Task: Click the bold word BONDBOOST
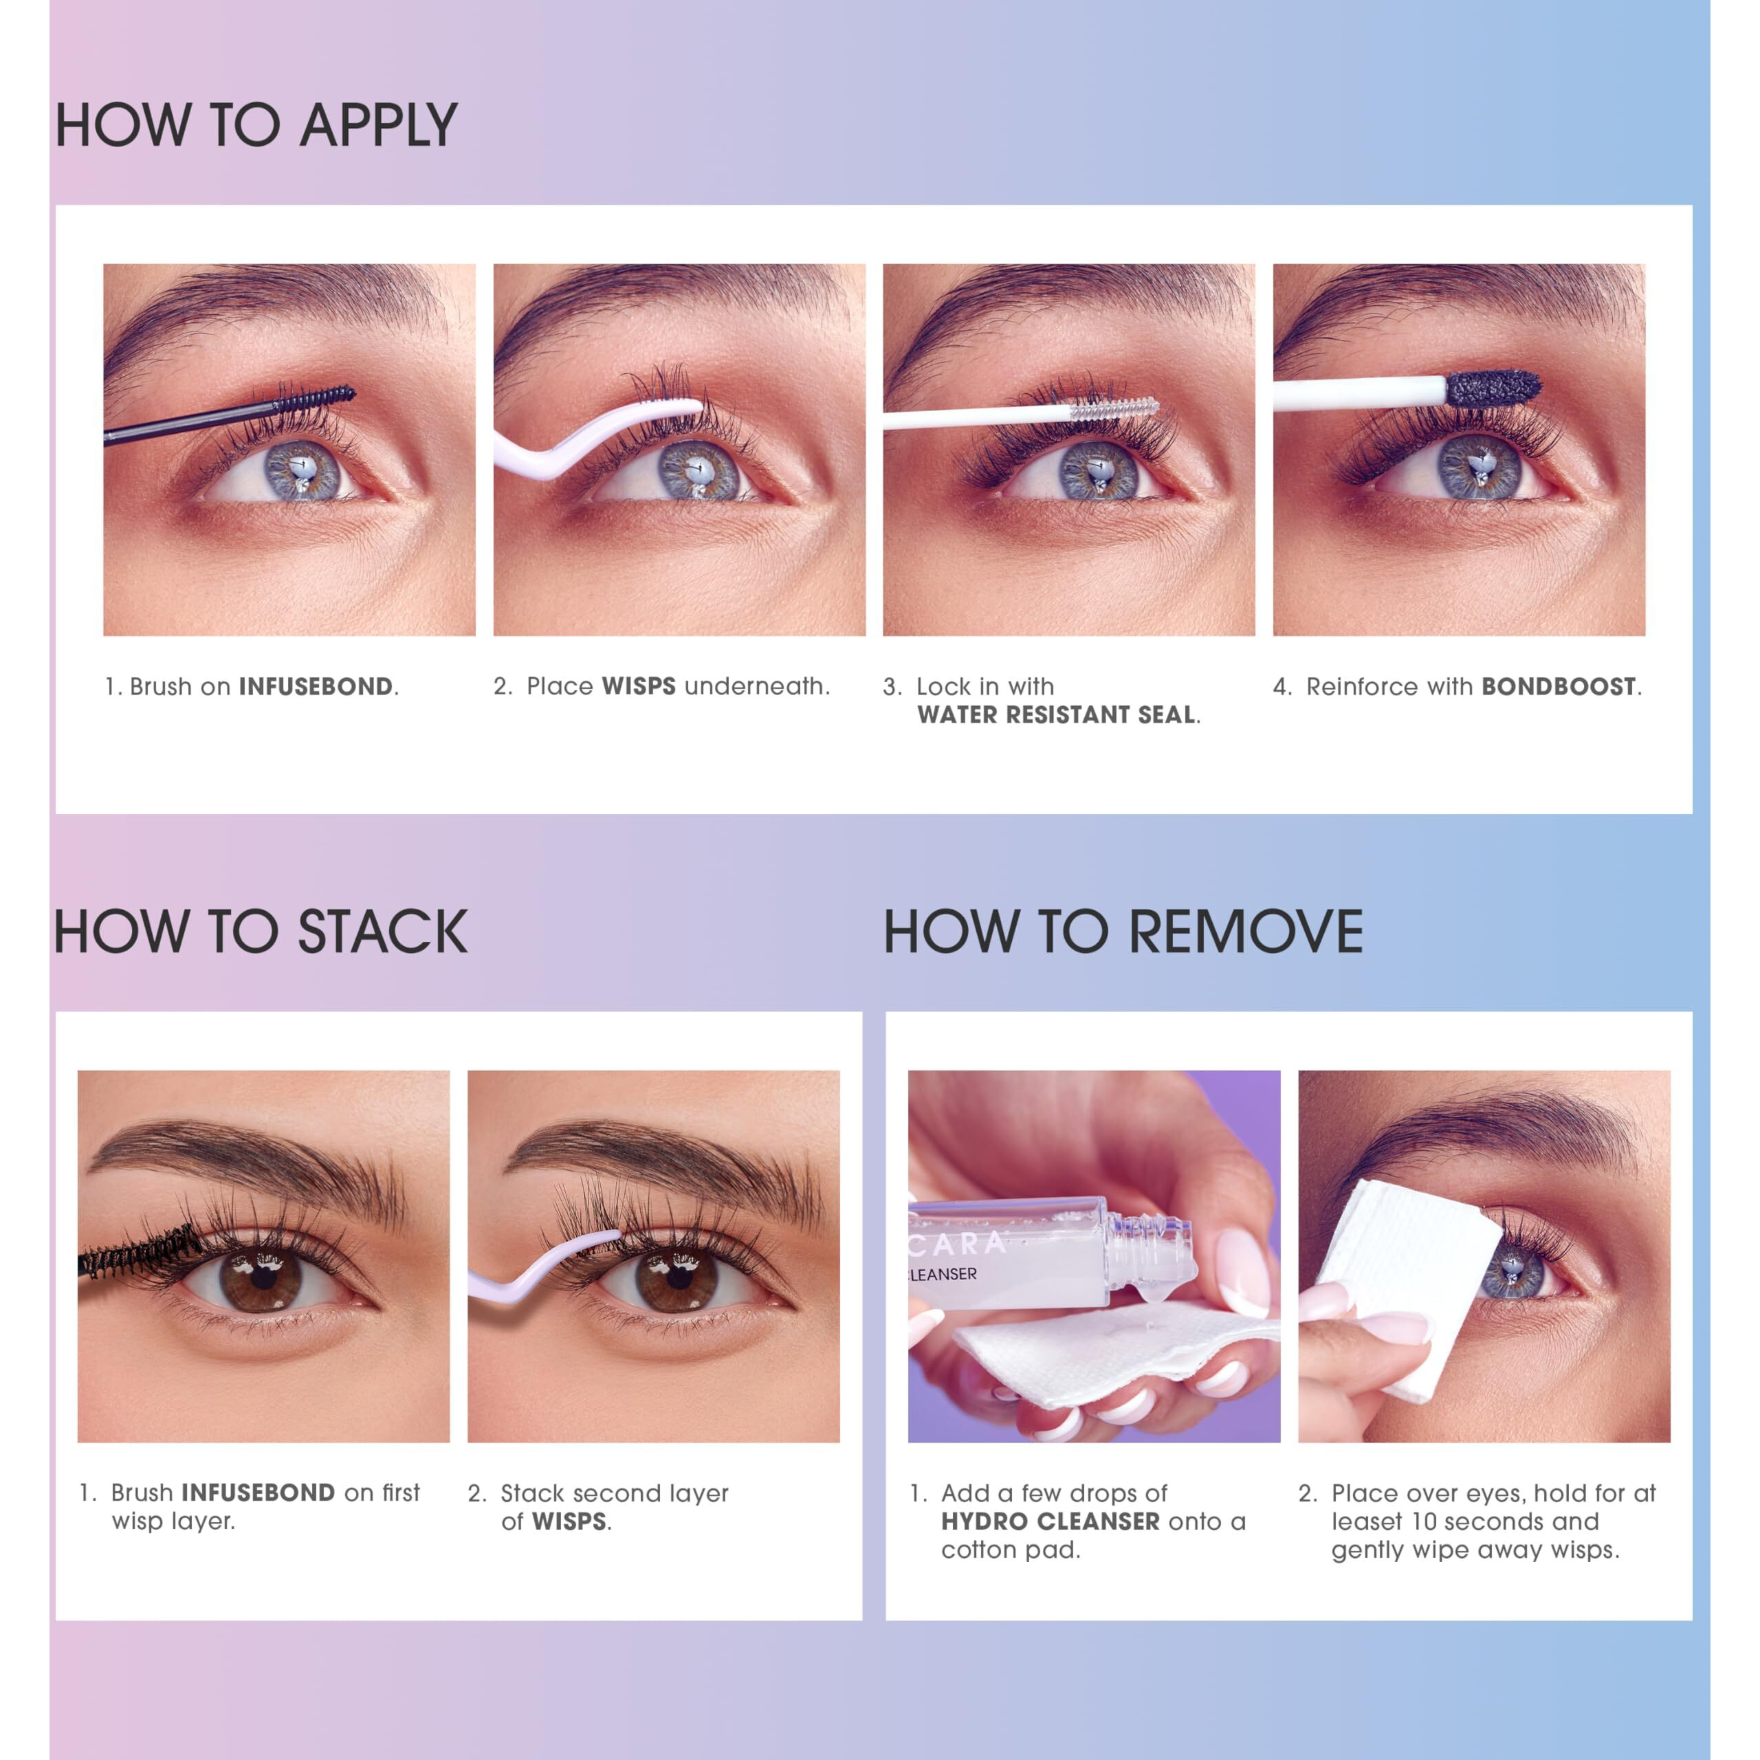(1558, 687)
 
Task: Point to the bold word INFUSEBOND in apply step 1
(315, 687)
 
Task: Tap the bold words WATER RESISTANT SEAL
(1056, 715)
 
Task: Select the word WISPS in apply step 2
(639, 687)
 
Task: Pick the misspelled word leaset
(1367, 1521)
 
